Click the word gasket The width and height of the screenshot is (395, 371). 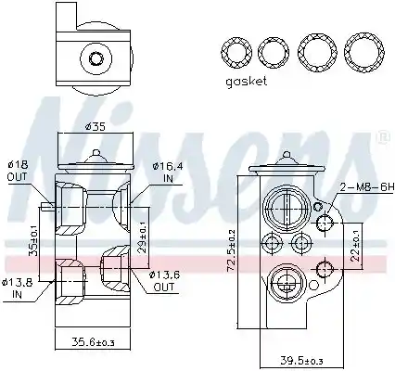pyautogui.click(x=246, y=82)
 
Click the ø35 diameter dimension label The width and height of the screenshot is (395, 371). pyautogui.click(x=96, y=126)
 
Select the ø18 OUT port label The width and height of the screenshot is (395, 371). pyautogui.click(x=17, y=171)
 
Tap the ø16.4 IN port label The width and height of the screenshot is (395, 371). pyautogui.click(x=167, y=173)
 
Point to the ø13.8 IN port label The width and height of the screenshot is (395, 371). pyautogui.click(x=17, y=288)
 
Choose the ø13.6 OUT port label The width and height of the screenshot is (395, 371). pyautogui.click(x=164, y=281)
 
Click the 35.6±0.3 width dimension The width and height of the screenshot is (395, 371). pyautogui.click(x=93, y=342)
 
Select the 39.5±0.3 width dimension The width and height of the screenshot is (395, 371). pyautogui.click(x=302, y=361)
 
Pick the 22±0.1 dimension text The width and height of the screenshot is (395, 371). pyautogui.click(x=356, y=247)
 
